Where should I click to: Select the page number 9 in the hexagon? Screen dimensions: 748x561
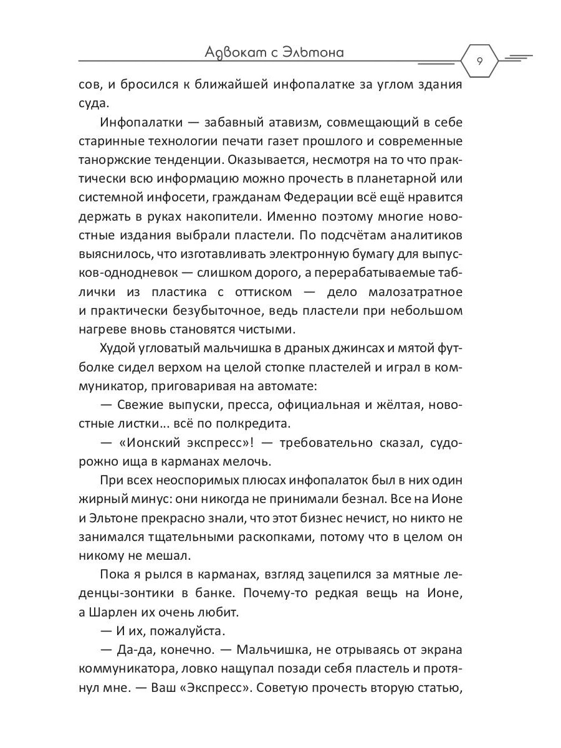[479, 61]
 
